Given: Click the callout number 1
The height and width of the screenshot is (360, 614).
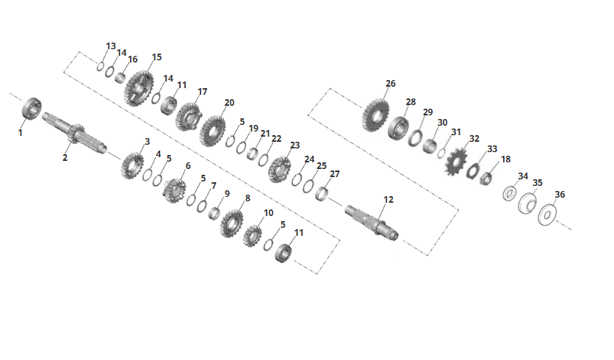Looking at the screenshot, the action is [21, 133].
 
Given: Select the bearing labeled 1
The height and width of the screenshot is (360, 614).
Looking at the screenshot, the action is [32, 108].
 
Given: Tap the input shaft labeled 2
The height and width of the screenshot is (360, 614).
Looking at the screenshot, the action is [74, 133].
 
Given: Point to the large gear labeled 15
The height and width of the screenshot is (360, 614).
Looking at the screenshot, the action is [139, 89].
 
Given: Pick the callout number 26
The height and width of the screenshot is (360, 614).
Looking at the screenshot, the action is [391, 84].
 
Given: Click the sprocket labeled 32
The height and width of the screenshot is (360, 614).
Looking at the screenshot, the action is [456, 162].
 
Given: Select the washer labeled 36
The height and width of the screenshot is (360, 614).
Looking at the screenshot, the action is [547, 215].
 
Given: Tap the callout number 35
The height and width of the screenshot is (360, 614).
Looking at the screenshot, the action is [538, 183].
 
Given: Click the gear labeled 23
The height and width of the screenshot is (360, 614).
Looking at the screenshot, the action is [280, 169].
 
